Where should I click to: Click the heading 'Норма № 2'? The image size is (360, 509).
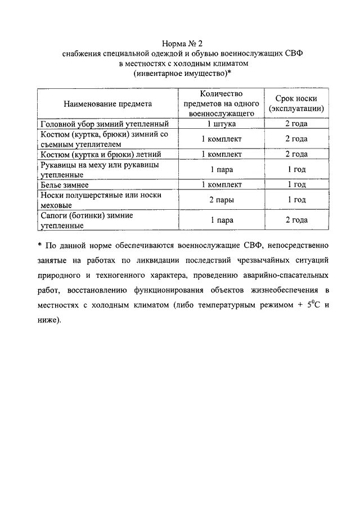point(179,43)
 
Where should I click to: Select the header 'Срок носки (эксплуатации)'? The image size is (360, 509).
point(296,103)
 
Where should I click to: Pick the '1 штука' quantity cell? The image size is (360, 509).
point(222,124)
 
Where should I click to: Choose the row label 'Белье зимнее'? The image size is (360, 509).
point(65,184)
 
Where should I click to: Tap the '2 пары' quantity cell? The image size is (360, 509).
point(222,200)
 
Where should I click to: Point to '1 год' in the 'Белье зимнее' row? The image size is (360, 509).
point(296,184)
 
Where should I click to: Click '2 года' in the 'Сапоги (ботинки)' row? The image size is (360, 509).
point(296,220)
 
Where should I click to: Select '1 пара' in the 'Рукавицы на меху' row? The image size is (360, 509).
point(222,169)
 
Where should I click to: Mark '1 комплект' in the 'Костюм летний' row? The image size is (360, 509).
point(222,154)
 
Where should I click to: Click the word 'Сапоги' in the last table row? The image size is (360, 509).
point(54,215)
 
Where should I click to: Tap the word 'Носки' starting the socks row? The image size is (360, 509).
point(53,195)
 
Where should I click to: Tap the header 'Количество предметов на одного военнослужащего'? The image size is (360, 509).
point(222,103)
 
